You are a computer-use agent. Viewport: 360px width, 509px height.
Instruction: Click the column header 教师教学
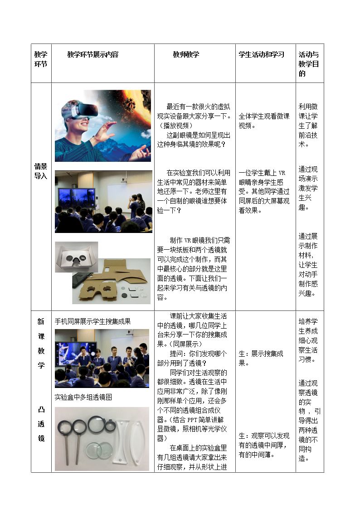[x=186, y=54]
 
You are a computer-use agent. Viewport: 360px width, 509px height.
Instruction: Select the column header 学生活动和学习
[x=261, y=54]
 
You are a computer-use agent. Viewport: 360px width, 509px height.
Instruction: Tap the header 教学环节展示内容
[x=93, y=54]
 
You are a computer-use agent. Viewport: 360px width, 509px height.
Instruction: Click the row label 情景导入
[x=41, y=171]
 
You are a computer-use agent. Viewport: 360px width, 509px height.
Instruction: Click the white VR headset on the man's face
[x=85, y=110]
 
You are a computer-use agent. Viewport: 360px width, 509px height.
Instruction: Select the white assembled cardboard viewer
[x=76, y=257]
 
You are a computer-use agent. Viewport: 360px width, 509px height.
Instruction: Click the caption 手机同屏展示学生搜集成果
[x=93, y=321]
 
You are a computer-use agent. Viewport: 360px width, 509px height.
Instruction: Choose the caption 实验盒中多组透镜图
[x=83, y=397]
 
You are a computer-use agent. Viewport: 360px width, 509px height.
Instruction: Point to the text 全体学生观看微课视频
[x=264, y=121]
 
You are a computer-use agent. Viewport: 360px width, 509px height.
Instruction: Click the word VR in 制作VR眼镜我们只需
[x=188, y=241]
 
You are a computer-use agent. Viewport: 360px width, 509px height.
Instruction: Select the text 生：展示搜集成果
[x=261, y=359]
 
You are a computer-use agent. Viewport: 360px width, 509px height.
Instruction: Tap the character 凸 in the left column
[x=41, y=410]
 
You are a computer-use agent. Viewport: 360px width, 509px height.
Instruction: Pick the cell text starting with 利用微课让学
[x=308, y=125]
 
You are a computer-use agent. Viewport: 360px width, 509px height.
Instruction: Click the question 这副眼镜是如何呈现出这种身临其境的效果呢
[x=194, y=140]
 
